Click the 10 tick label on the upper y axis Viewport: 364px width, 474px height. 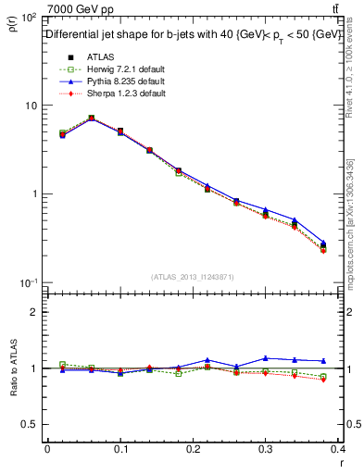coord(31,106)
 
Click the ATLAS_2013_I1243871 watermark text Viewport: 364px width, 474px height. coord(194,277)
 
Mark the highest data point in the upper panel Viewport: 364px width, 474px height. coord(91,118)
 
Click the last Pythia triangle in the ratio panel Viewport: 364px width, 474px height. coord(323,361)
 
